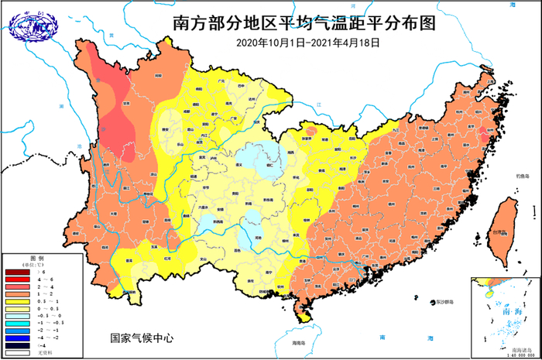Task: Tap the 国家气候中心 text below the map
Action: click(142, 338)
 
